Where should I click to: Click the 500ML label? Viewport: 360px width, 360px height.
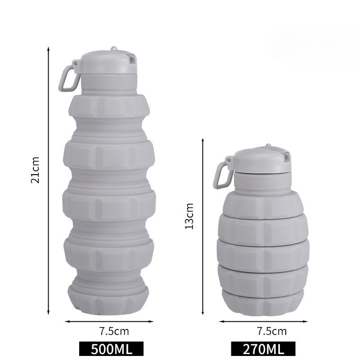(111, 349)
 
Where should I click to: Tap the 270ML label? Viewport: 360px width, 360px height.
(263, 349)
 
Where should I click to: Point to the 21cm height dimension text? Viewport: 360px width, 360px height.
(35, 170)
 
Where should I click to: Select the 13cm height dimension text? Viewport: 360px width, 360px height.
(189, 216)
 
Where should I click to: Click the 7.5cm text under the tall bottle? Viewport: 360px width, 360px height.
(114, 331)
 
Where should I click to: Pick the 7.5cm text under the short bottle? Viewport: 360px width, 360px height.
(272, 331)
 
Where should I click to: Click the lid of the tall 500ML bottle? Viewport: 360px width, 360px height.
(108, 62)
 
